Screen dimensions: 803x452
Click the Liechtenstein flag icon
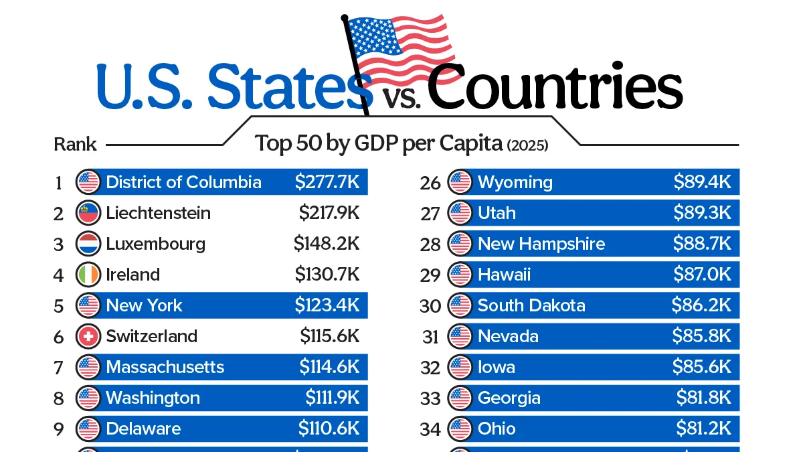pos(88,213)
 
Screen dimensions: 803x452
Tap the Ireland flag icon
pos(88,275)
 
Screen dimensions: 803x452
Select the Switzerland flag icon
pos(88,336)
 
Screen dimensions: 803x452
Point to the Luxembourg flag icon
pos(88,244)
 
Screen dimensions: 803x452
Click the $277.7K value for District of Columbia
pos(327,182)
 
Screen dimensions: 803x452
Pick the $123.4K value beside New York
pos(327,305)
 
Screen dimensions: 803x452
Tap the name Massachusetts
pos(165,367)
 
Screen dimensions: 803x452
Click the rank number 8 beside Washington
pos(59,398)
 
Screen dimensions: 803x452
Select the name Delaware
pos(143,429)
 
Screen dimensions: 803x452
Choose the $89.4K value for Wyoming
pos(702,182)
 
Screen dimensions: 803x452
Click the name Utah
pos(497,213)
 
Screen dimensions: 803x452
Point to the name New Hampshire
pos(541,244)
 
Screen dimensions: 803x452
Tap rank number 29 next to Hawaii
pos(430,275)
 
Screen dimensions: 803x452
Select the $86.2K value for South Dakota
pos(701,305)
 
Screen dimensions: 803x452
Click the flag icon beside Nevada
pos(460,336)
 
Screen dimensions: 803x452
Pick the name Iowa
pos(497,367)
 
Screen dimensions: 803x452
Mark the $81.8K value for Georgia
pos(704,398)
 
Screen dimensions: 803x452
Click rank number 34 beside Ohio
pos(430,429)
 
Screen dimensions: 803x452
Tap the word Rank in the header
pos(75,145)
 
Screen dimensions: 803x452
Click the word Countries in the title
pos(555,86)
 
